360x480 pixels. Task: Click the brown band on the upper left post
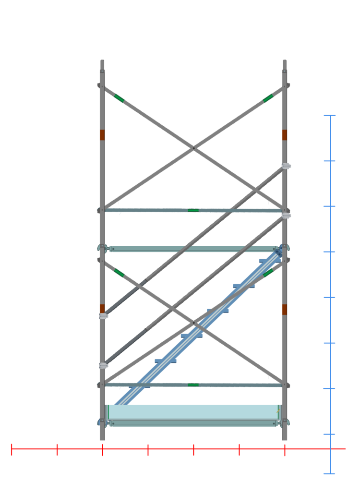[102, 135]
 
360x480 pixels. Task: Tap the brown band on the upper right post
[285, 135]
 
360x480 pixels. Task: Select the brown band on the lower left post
[102, 308]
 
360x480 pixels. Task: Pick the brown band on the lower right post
[285, 309]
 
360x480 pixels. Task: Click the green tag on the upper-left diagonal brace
[119, 98]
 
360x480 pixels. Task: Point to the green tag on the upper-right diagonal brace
[268, 98]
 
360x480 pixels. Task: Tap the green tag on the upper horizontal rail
[193, 210]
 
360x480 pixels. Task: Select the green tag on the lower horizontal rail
[193, 384]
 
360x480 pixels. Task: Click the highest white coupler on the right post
[287, 166]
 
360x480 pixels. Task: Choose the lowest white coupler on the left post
[104, 366]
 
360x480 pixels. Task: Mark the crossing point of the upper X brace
[193, 148]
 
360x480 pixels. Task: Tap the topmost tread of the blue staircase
[269, 261]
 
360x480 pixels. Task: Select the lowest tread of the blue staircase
[166, 360]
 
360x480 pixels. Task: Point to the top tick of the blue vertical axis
[330, 116]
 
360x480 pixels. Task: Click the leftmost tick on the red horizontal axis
[12, 449]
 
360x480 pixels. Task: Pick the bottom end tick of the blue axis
[330, 474]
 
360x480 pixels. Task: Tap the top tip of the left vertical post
[102, 61]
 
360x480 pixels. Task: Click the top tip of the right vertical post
[285, 61]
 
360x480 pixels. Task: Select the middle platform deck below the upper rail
[193, 249]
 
